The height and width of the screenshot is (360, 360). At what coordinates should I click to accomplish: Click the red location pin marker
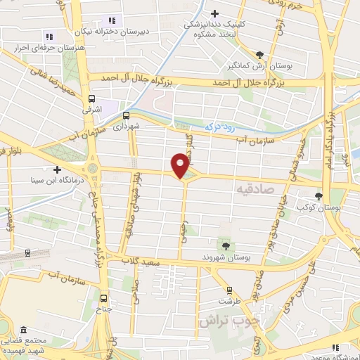click(x=181, y=165)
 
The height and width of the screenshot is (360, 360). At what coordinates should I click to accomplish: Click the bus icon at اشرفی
click(x=92, y=99)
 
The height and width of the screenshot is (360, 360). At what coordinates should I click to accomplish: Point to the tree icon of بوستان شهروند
click(x=226, y=245)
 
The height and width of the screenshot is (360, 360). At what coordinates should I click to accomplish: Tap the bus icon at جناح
click(x=104, y=297)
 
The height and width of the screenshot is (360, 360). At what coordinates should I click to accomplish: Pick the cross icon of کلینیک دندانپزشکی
click(x=215, y=13)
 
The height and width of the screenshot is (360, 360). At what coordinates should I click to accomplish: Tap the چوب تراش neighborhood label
click(x=229, y=320)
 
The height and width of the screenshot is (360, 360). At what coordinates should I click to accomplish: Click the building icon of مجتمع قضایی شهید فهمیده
click(x=23, y=330)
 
